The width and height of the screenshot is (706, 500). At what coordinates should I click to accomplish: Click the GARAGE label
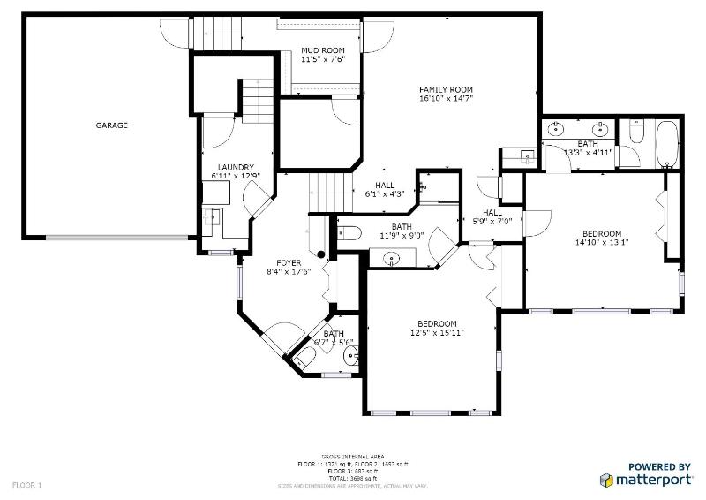pyautogui.click(x=112, y=125)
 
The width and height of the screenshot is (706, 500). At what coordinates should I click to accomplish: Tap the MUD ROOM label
pyautogui.click(x=321, y=50)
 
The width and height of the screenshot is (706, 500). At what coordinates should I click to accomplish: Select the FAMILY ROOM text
pyautogui.click(x=446, y=89)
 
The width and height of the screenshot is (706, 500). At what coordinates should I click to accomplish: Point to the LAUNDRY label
pyautogui.click(x=237, y=167)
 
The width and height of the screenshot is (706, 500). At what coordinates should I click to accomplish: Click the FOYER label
pyautogui.click(x=289, y=263)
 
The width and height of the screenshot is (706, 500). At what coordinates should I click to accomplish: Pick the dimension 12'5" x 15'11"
pyautogui.click(x=437, y=333)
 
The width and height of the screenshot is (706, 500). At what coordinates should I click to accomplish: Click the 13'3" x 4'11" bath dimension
pyautogui.click(x=588, y=153)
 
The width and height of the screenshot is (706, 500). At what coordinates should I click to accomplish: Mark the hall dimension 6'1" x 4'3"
pyautogui.click(x=385, y=194)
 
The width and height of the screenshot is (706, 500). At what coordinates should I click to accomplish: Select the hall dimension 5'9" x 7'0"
pyautogui.click(x=492, y=221)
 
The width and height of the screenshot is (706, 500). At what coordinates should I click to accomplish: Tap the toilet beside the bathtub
pyautogui.click(x=636, y=135)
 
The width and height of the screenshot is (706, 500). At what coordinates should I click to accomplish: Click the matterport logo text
pyautogui.click(x=655, y=480)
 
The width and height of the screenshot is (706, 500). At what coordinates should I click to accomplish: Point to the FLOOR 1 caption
pyautogui.click(x=26, y=485)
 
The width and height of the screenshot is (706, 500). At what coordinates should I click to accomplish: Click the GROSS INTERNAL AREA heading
pyautogui.click(x=353, y=457)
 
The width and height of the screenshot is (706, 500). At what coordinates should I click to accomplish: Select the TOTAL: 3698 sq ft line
pyautogui.click(x=353, y=478)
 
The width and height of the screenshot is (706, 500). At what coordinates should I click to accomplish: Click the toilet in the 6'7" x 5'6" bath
pyautogui.click(x=306, y=357)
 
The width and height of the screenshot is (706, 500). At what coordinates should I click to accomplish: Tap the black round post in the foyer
pyautogui.click(x=321, y=254)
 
